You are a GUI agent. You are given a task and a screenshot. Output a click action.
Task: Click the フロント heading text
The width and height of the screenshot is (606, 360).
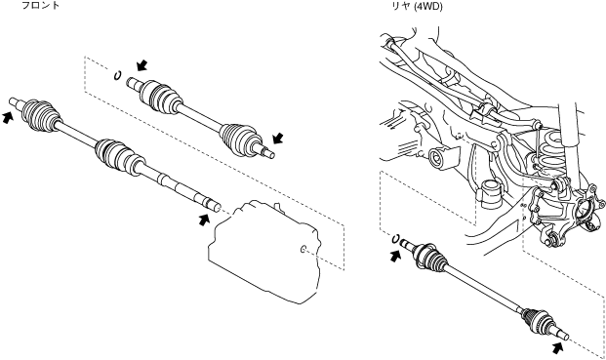[x=40, y=6]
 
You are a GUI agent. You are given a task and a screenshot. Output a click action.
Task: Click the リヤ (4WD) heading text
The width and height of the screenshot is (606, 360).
[x=417, y=6]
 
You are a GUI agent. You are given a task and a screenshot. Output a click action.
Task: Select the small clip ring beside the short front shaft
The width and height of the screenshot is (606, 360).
[x=117, y=75]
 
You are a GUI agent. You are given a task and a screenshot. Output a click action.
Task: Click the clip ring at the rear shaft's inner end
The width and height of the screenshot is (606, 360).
[x=395, y=239]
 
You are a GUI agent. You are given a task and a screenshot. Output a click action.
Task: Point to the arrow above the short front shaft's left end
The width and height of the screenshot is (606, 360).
[x=141, y=65]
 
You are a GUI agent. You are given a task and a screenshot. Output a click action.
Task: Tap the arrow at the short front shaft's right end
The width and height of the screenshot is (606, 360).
[x=277, y=138]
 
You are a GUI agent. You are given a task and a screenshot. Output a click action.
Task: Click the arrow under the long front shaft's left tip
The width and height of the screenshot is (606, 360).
[x=7, y=117]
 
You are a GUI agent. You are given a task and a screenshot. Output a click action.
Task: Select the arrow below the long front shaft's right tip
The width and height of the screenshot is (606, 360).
[x=204, y=220]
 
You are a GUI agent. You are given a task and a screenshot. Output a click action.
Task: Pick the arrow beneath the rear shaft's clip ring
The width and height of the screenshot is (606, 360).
[x=394, y=256]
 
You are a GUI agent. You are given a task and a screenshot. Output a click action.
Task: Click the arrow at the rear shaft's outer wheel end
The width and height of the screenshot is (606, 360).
[x=556, y=347]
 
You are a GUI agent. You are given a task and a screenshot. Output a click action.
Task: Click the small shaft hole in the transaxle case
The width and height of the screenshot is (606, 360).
[x=303, y=250]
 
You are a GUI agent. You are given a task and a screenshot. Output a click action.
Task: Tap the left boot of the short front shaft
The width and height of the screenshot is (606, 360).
[x=159, y=97]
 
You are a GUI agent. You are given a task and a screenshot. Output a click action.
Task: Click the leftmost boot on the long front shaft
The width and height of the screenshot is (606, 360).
[x=41, y=115]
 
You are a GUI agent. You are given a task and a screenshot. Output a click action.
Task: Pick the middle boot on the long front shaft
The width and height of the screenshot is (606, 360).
[x=119, y=156]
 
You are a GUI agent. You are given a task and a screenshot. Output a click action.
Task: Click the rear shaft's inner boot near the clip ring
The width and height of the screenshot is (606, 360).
[x=430, y=256]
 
